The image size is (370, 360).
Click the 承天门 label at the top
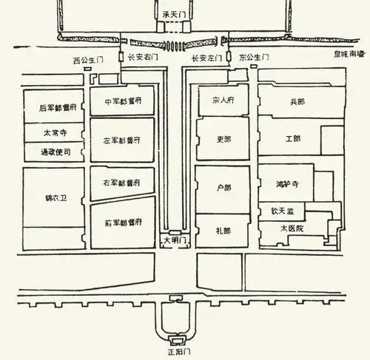point(175,14)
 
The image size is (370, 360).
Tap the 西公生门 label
point(88,58)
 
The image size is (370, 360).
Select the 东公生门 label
point(255,57)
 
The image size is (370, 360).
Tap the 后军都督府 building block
point(54,107)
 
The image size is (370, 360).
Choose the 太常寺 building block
point(54,135)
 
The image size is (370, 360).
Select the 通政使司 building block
point(54,152)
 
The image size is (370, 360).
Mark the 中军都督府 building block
point(122,102)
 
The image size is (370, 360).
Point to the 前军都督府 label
point(122,222)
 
